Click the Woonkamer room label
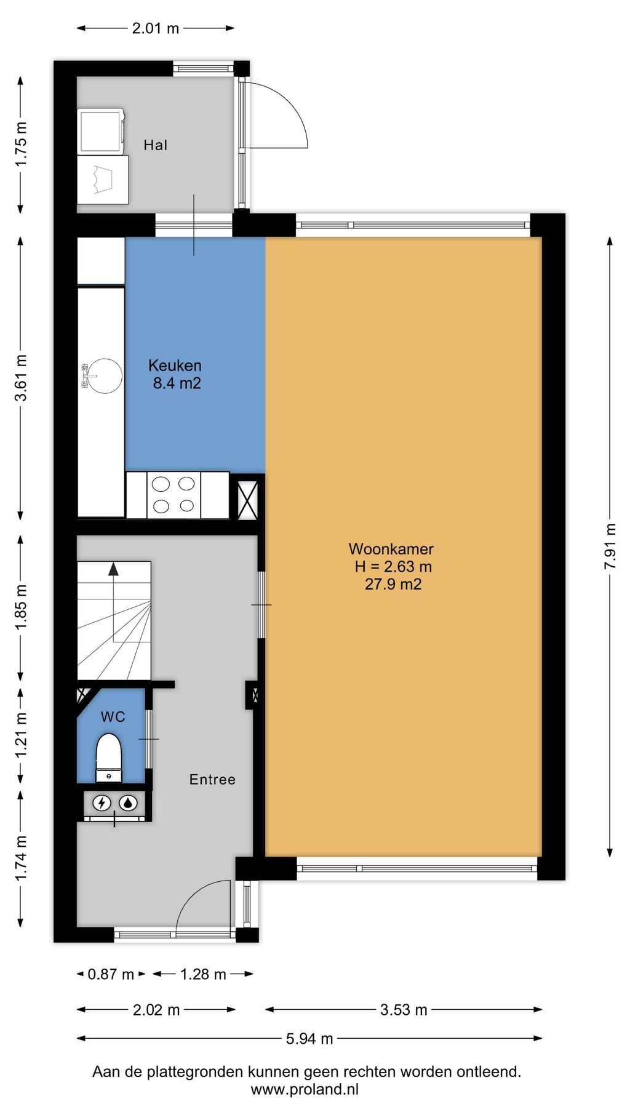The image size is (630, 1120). pos(391,549)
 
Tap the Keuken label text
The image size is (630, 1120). pos(175,366)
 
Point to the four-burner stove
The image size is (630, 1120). pos(173,495)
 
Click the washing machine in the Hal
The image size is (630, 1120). pos(102,130)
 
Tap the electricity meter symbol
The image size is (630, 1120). pos(102,803)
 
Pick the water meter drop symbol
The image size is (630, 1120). pos(128,803)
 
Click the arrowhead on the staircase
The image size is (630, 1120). pos(113,569)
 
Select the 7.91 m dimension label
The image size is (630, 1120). pos(610,546)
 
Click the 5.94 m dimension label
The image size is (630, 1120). pos(309,1039)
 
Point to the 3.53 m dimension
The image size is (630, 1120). pos(404,1010)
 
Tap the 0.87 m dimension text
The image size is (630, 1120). pos(111,974)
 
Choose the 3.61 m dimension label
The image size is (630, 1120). pos(21,378)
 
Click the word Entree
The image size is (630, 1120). pos(212,780)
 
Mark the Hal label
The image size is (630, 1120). pos(155,145)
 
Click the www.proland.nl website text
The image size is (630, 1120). pos(305,1089)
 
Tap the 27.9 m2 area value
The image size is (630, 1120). pos(393,584)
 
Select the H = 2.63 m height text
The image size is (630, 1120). pos(393,567)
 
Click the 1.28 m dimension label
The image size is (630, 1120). pos(203,974)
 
